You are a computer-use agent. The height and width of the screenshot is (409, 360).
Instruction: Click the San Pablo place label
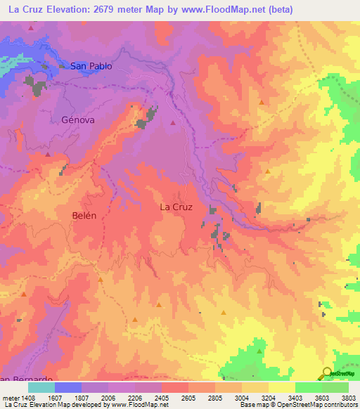click(x=91, y=66)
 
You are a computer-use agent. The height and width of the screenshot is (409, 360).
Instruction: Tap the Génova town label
click(x=78, y=120)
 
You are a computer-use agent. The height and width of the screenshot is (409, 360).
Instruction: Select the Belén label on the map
click(x=84, y=216)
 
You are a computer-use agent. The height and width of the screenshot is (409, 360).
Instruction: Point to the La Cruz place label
click(x=176, y=207)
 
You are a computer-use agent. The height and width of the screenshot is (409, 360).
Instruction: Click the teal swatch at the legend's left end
click(x=41, y=387)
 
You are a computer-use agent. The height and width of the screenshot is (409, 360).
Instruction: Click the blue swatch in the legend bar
click(x=68, y=387)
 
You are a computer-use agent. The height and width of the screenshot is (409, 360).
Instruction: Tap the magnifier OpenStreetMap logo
click(x=326, y=373)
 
